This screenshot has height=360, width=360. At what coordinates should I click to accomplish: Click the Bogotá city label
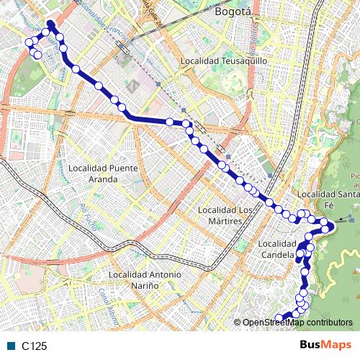point(231,12)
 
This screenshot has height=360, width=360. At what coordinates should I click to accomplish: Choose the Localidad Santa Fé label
point(328,199)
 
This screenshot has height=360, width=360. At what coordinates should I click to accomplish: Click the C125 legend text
point(34,346)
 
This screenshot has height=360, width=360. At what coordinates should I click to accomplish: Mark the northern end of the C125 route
point(50,24)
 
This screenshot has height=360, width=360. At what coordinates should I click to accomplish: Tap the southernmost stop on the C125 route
point(280,318)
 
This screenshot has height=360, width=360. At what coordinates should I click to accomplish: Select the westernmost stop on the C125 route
point(30,43)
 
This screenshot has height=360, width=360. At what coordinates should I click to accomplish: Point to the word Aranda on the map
point(102,178)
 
